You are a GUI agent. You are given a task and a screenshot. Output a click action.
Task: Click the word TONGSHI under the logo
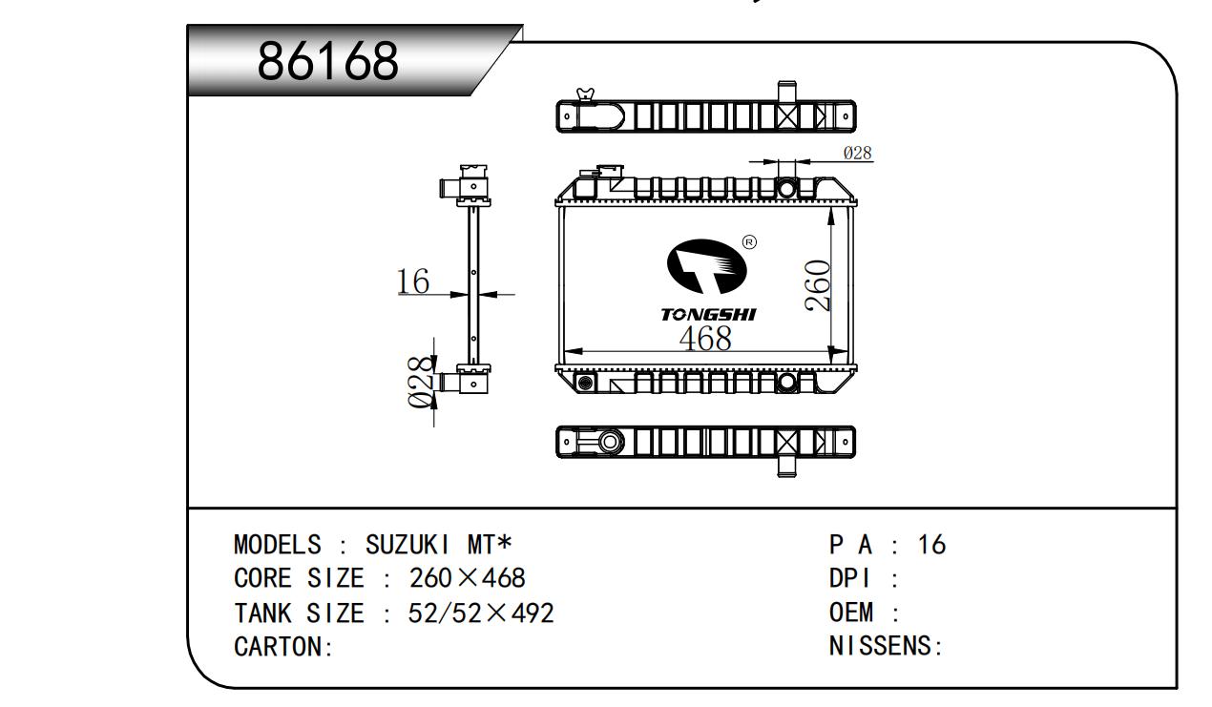[x=708, y=314]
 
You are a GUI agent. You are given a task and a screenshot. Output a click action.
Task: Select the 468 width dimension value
[x=705, y=338]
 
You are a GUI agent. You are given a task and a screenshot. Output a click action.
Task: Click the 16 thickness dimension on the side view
[x=413, y=281]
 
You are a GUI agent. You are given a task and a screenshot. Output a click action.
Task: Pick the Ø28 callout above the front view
[x=857, y=153]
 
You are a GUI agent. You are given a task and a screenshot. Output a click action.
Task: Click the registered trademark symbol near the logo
[x=749, y=242]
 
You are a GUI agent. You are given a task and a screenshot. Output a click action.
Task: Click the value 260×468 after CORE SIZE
[x=467, y=579]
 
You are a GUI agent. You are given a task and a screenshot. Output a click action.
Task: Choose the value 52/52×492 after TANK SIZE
[x=480, y=613]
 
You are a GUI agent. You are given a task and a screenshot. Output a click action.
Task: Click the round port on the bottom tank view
[x=609, y=442]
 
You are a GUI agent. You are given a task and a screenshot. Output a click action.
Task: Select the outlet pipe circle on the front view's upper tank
[x=785, y=188]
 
